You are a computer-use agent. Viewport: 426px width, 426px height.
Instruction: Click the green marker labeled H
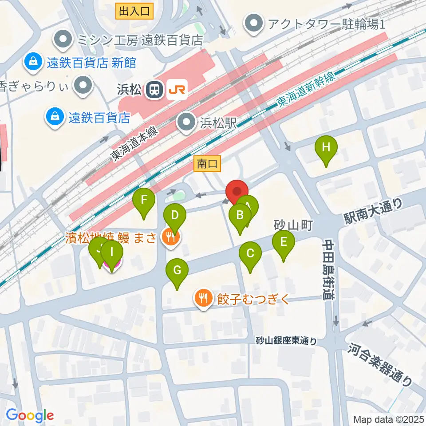click(x=326, y=148)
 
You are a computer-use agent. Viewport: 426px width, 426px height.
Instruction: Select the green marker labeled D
click(x=175, y=217)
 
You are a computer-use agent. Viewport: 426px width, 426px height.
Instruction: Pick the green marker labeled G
click(x=177, y=271)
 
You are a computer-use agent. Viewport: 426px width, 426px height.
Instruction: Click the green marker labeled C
click(x=250, y=254)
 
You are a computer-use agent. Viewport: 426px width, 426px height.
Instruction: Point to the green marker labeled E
click(x=284, y=243)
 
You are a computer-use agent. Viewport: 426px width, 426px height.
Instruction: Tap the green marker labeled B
click(x=240, y=217)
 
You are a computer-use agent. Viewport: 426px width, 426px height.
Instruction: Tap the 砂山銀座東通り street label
click(x=287, y=341)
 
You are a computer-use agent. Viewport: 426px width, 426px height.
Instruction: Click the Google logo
click(x=30, y=415)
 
